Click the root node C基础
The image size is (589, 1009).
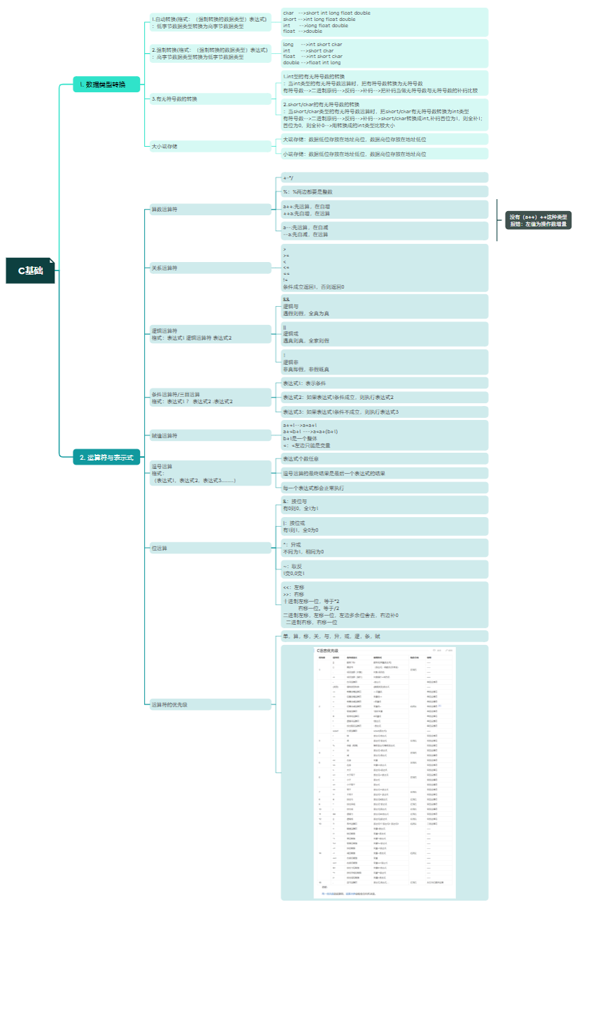[x=31, y=270]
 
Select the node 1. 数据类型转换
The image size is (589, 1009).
[x=106, y=85]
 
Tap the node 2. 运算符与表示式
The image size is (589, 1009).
[x=106, y=458]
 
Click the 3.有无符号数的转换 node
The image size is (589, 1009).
[x=175, y=99]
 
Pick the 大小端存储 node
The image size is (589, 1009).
[x=165, y=147]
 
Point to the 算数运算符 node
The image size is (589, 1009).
[x=165, y=210]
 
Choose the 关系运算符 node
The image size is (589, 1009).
[x=165, y=268]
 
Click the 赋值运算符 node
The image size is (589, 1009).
[x=165, y=436]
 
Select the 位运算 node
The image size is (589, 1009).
[x=160, y=549]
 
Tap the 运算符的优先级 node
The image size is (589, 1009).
[x=170, y=705]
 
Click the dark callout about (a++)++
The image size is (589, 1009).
[x=538, y=221]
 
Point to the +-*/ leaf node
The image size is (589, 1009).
[x=289, y=178]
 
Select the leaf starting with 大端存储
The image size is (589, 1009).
[x=355, y=140]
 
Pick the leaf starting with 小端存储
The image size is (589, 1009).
[x=355, y=154]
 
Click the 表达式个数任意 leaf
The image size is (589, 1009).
[x=301, y=459]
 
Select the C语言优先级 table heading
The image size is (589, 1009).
[x=327, y=651]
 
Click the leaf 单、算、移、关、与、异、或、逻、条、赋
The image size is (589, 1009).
[x=332, y=637]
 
